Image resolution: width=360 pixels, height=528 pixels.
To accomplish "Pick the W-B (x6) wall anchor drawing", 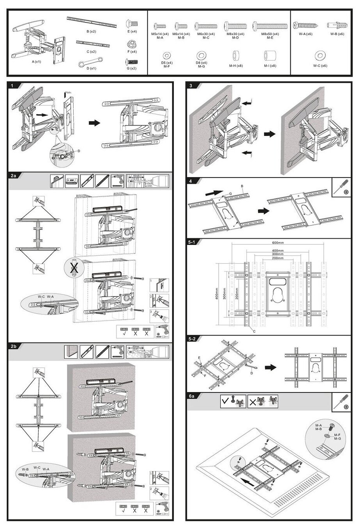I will [335, 26].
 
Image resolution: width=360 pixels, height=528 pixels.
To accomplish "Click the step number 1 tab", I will [13, 85].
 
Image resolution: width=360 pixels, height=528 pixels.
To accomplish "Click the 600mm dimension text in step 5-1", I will [278, 243].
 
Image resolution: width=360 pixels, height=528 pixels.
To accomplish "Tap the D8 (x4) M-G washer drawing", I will [202, 55].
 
